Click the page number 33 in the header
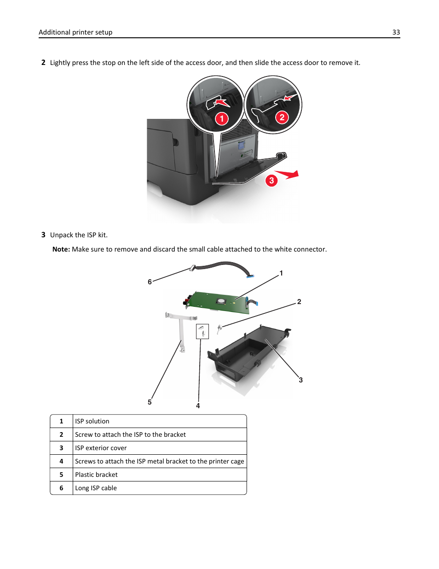coord(396,32)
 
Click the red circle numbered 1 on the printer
coord(222,119)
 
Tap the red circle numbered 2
coord(282,117)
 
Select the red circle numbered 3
coord(271,181)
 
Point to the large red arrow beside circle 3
coord(289,175)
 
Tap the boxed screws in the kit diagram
coord(202,331)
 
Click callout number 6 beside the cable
coord(150,282)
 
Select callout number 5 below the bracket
coord(150,402)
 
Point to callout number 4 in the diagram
coord(198,406)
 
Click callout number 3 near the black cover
coord(300,380)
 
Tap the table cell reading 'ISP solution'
coord(92,421)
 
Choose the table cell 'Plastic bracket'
coord(96,475)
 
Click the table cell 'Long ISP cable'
coord(96,488)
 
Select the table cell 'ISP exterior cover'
coord(101,448)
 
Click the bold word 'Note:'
coord(61,249)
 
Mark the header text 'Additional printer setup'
coord(75,32)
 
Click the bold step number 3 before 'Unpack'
coord(43,235)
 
